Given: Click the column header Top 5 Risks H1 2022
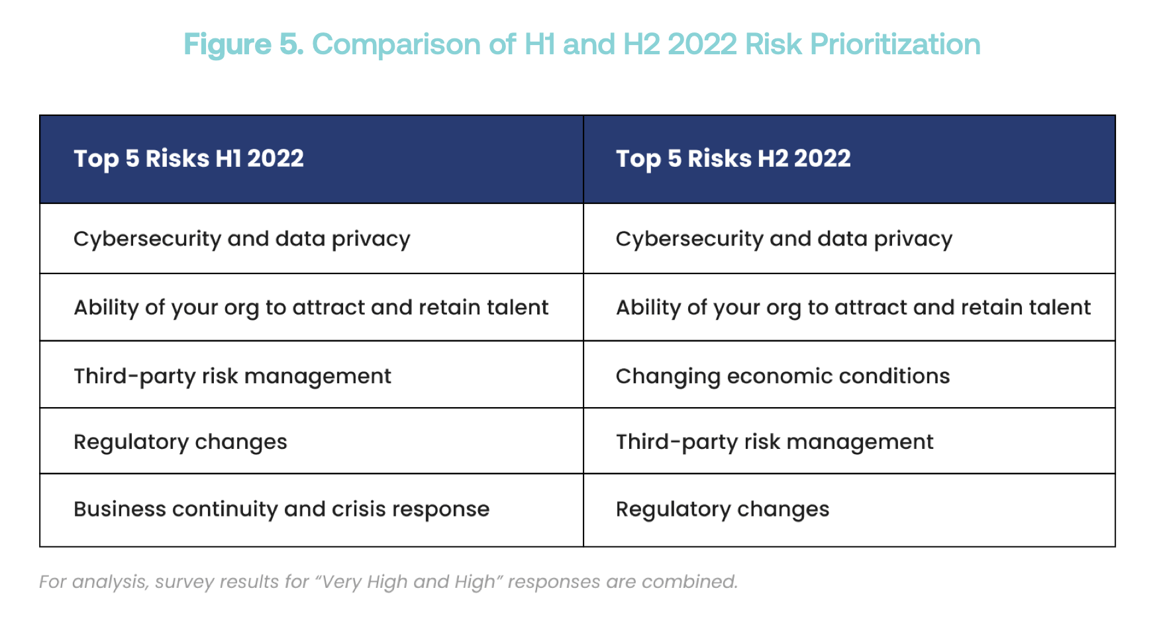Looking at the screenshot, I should tap(189, 159).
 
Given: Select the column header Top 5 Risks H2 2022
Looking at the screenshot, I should tap(733, 159).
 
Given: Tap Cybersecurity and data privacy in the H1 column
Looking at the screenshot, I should tap(242, 239).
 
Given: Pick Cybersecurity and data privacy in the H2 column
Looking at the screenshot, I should tap(784, 239).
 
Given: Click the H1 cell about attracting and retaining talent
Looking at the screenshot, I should tap(311, 308).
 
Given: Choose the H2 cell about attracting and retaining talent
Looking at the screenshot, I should tap(853, 308).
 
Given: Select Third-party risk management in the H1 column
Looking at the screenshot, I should tap(232, 376).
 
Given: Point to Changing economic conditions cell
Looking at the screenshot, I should tap(783, 376).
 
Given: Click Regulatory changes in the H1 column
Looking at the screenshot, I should tap(180, 442).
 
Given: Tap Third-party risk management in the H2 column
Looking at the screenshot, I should tap(775, 442).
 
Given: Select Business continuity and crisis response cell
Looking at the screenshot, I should tap(281, 509).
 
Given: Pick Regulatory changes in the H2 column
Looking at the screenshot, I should tap(723, 509).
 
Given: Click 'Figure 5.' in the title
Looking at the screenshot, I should tap(243, 45).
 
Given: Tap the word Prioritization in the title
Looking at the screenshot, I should tap(895, 45).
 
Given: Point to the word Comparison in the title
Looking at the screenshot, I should tap(396, 45).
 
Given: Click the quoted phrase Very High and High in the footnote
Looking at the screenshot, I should tap(409, 582).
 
